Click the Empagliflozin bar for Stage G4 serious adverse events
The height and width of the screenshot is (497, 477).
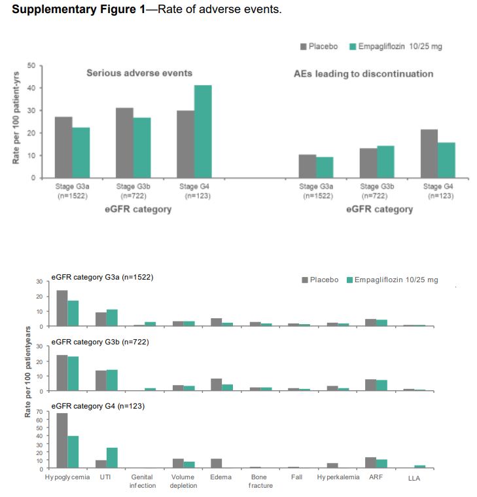point(203,132)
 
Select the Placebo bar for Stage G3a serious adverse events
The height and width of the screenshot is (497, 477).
point(63,147)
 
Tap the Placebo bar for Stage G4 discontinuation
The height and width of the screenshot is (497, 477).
point(429,154)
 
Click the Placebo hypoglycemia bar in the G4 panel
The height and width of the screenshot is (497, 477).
point(62,441)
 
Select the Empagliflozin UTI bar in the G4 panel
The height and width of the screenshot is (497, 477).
point(112,458)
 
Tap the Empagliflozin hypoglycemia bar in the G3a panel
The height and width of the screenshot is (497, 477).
point(73,313)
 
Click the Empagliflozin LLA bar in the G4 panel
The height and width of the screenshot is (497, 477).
point(419,467)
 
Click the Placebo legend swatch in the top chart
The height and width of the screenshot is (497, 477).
point(304,46)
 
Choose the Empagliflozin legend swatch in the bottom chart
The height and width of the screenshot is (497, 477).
point(350,280)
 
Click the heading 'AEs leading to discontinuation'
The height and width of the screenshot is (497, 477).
point(363,74)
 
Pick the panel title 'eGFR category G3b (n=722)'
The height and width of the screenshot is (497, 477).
point(98,342)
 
